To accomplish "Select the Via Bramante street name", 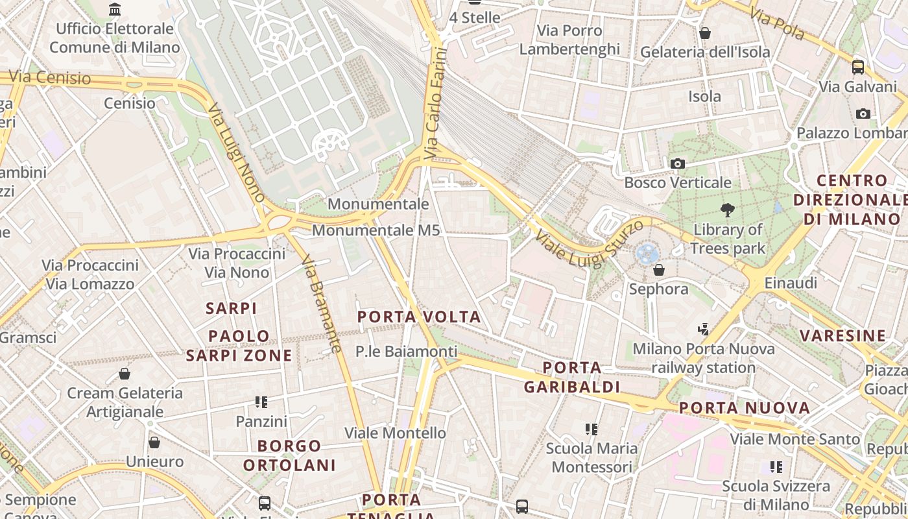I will pyautogui.click(x=321, y=304).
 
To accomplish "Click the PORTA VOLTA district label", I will pyautogui.click(x=420, y=317).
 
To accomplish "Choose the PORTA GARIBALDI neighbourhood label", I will pyautogui.click(x=571, y=378).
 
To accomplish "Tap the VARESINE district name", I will pyautogui.click(x=842, y=335).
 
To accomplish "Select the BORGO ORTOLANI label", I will pyautogui.click(x=289, y=455).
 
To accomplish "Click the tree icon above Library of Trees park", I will pyautogui.click(x=728, y=210).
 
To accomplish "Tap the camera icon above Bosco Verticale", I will pyautogui.click(x=678, y=163).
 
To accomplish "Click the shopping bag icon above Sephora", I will pyautogui.click(x=659, y=270).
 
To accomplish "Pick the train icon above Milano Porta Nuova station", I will pyautogui.click(x=704, y=330).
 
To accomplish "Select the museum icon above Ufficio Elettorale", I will pyautogui.click(x=115, y=9).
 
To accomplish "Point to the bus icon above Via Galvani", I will pyautogui.click(x=857, y=67).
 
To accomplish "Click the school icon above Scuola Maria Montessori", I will pyautogui.click(x=591, y=429).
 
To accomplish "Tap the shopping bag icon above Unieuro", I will pyautogui.click(x=154, y=442).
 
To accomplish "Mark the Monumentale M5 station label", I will pyautogui.click(x=376, y=230).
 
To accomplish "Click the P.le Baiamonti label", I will pyautogui.click(x=406, y=352).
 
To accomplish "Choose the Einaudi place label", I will pyautogui.click(x=790, y=283).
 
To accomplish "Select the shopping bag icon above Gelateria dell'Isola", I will pyautogui.click(x=705, y=32).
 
